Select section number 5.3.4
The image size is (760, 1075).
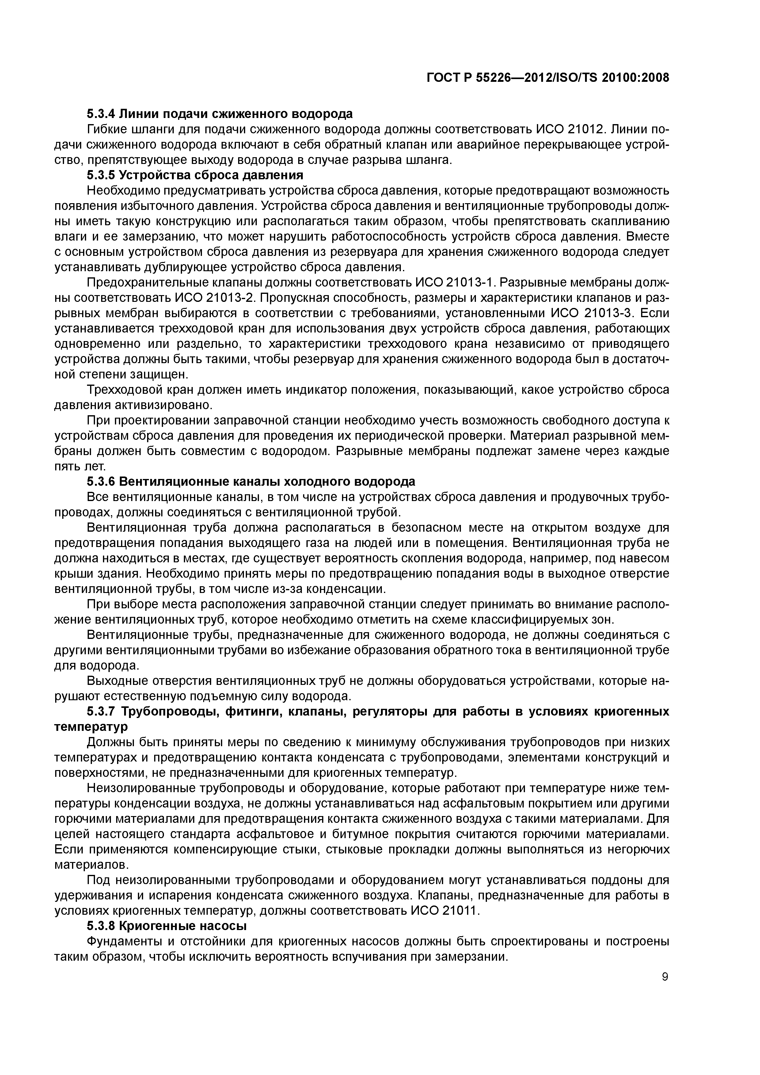(101, 114)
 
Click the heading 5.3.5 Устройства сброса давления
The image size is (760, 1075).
(195, 175)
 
